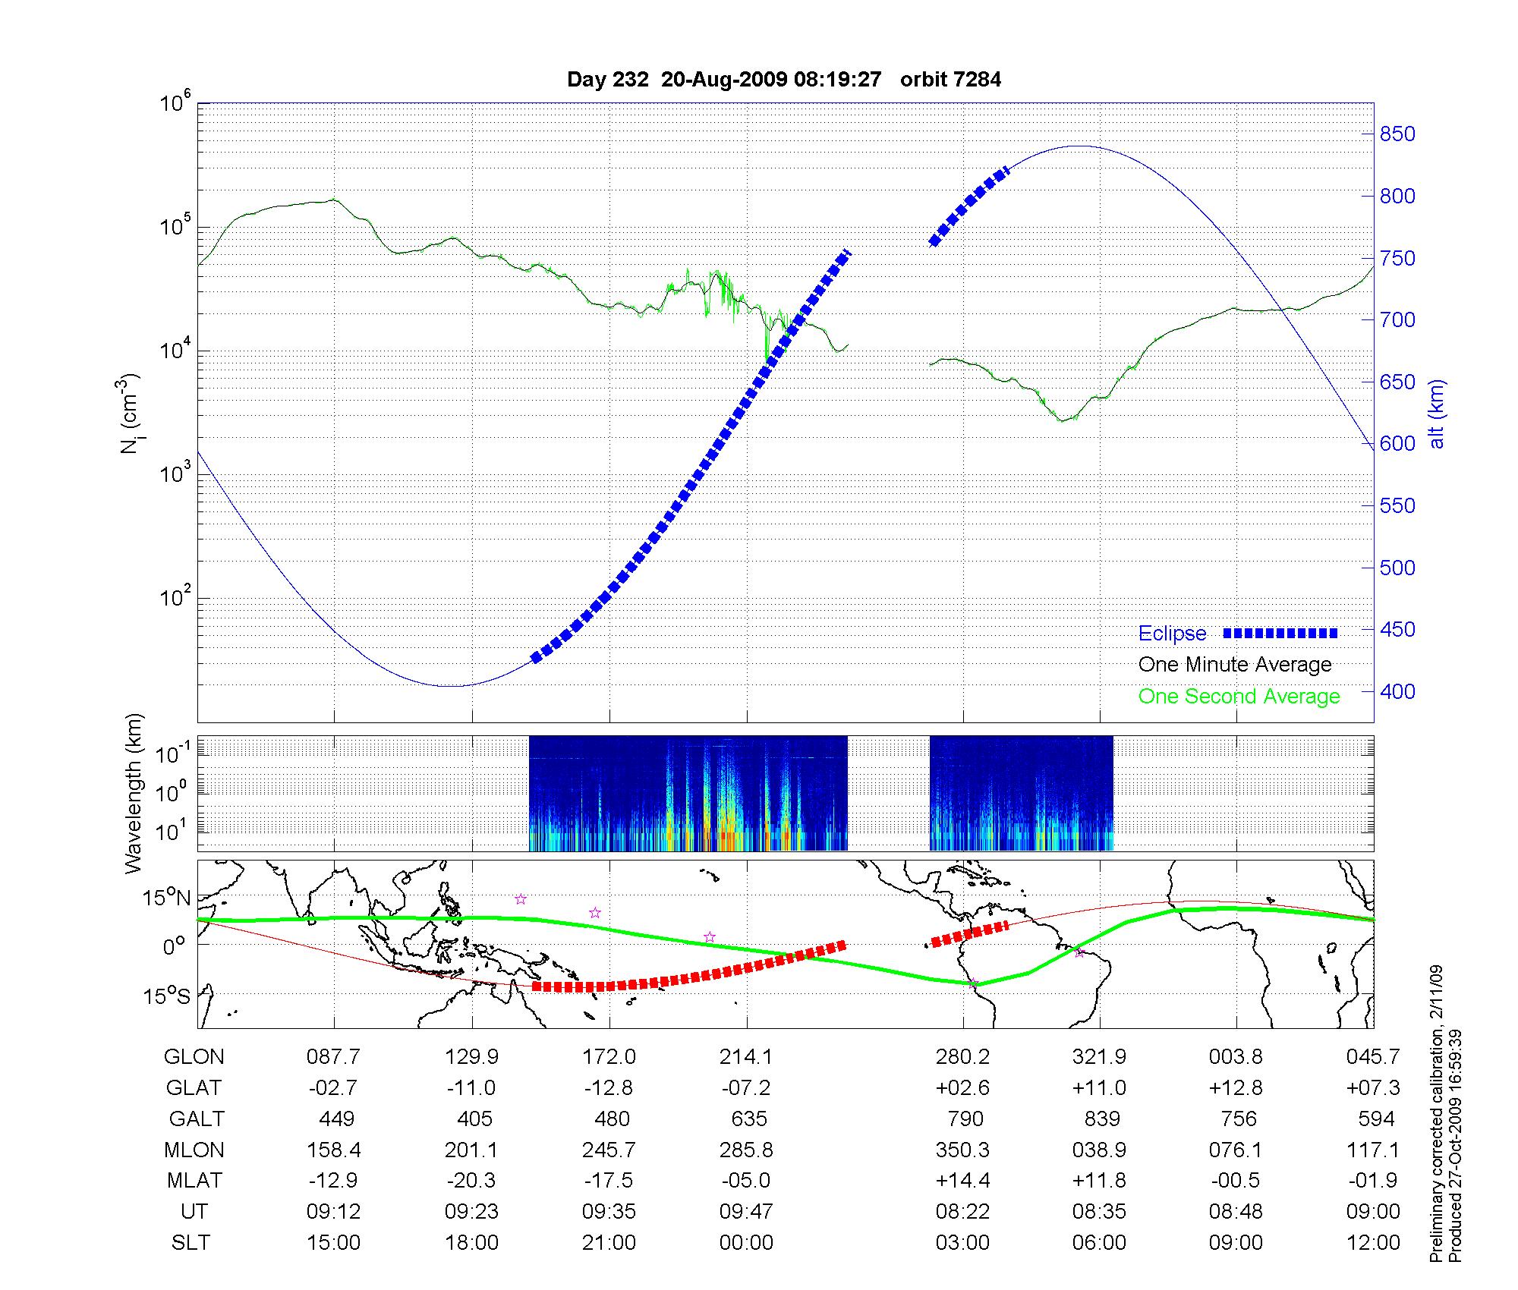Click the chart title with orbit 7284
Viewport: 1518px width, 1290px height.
click(783, 80)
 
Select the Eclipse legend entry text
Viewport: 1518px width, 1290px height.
click(1172, 634)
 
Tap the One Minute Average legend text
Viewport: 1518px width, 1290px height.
click(1235, 665)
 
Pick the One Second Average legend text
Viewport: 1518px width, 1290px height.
click(1239, 697)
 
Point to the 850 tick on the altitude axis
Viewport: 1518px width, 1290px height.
click(1397, 134)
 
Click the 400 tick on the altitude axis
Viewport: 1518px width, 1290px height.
click(1397, 691)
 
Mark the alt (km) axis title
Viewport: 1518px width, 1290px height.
click(1437, 414)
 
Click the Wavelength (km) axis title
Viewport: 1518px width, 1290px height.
click(134, 793)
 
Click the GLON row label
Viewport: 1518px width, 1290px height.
click(194, 1057)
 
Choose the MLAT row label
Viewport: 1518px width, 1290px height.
click(194, 1181)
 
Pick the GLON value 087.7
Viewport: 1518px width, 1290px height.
click(333, 1057)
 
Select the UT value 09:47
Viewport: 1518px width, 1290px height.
click(746, 1212)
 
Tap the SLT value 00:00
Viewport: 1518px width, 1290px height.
click(746, 1243)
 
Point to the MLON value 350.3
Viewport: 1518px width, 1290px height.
click(962, 1150)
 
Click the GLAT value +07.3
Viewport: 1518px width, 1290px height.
click(1372, 1088)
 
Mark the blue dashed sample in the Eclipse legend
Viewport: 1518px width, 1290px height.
click(1280, 633)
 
